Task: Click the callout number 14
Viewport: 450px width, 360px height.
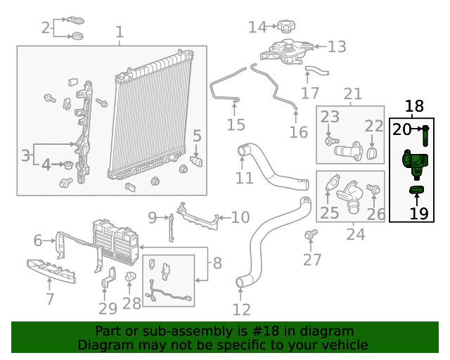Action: (257, 27)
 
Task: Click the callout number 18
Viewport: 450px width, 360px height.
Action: (415, 107)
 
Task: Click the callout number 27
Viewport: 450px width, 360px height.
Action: (311, 259)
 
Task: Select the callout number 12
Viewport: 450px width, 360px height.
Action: (241, 309)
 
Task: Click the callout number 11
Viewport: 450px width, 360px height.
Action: (244, 178)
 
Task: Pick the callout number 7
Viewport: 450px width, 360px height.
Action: (49, 299)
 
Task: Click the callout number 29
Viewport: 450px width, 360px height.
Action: (108, 309)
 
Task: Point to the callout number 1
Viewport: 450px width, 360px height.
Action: (120, 32)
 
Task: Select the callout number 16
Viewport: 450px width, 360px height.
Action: (299, 132)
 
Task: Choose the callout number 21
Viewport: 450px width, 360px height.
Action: (352, 94)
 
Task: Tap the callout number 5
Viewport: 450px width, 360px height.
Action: (197, 136)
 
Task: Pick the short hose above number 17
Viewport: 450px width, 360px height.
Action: (316, 70)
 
